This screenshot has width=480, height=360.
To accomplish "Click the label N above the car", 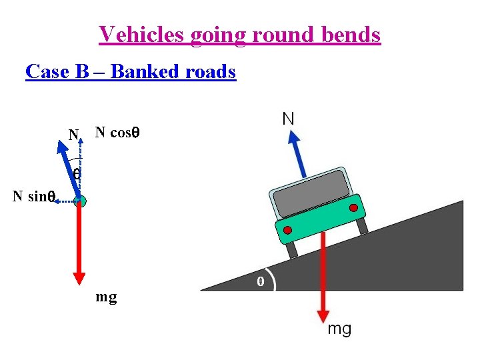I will click(x=288, y=119).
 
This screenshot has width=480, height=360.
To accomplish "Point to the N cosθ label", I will click(x=117, y=132).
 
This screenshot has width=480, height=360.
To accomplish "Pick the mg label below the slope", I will click(x=339, y=329).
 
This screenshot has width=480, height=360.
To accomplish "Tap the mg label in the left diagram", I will click(x=106, y=296).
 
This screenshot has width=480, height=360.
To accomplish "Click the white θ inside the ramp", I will click(x=261, y=282).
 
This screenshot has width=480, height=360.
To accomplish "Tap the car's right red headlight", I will click(x=353, y=208).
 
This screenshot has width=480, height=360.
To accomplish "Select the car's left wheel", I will click(x=291, y=249).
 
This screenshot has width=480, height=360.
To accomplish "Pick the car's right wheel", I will click(x=362, y=225).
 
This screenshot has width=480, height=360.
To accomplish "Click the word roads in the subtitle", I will click(x=209, y=71).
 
